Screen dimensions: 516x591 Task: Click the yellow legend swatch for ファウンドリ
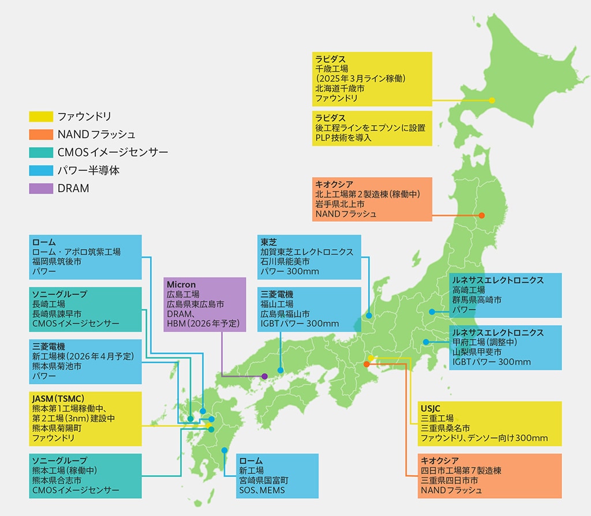40,116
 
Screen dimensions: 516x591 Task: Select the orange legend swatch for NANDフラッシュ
40,134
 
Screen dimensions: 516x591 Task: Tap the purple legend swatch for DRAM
40,188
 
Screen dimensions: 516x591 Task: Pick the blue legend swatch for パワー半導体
40,170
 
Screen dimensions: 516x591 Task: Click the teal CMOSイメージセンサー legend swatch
40,152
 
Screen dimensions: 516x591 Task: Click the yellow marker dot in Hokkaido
492,100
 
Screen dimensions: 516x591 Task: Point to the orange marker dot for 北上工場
482,216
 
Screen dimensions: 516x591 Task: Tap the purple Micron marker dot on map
264,376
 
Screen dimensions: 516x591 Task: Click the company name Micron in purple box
181,285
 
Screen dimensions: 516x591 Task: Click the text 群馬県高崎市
477,300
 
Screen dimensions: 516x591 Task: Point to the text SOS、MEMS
262,491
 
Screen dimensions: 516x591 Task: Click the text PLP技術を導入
343,138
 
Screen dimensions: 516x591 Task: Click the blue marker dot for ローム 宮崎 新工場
225,450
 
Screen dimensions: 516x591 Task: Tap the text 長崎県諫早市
57,313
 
